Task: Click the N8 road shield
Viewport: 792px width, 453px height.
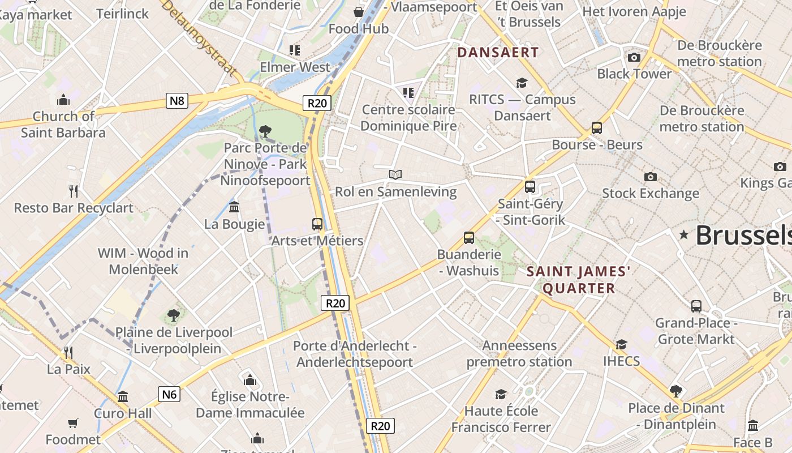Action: click(x=177, y=101)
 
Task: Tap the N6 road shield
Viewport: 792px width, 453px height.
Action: click(x=169, y=394)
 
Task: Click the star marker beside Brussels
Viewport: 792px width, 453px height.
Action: click(x=684, y=234)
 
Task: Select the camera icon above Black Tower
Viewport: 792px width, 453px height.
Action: click(x=634, y=57)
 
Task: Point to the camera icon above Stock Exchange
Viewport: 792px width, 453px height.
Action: click(x=650, y=177)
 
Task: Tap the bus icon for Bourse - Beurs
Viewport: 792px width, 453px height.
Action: click(x=596, y=128)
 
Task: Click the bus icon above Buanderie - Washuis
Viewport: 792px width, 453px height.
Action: click(x=468, y=238)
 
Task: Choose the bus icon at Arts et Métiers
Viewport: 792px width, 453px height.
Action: click(x=317, y=224)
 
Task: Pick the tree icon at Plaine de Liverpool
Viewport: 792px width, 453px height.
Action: click(x=173, y=315)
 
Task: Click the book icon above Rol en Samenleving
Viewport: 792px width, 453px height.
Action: click(x=395, y=174)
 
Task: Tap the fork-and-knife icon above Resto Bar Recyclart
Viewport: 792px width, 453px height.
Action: click(x=73, y=191)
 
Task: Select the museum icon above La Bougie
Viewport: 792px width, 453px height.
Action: click(x=234, y=207)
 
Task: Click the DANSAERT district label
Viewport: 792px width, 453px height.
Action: click(x=498, y=53)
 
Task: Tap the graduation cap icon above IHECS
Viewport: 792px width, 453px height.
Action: click(x=621, y=344)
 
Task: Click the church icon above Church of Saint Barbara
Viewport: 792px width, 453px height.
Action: click(x=63, y=100)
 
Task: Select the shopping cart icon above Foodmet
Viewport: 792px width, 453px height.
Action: click(x=73, y=423)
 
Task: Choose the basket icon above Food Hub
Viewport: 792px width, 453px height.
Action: click(x=358, y=11)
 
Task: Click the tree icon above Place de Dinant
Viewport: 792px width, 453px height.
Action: click(x=675, y=391)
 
